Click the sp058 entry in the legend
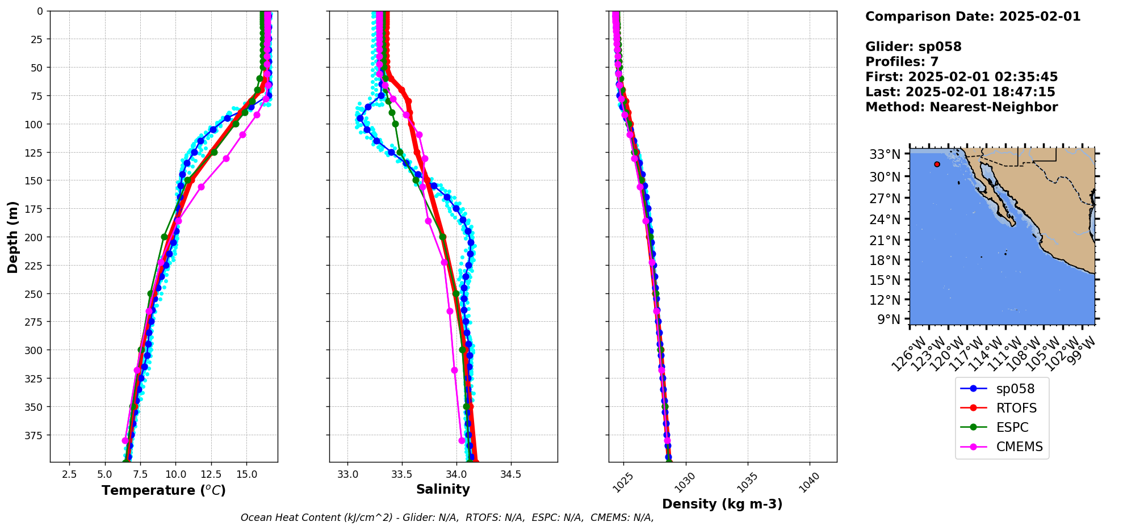tap(1015, 389)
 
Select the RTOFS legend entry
tap(1016, 408)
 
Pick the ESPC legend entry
tap(1012, 427)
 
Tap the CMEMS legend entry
tap(1019, 447)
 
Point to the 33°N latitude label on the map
tap(885, 154)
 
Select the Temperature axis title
tap(164, 490)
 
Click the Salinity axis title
tap(443, 489)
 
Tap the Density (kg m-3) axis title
tap(722, 504)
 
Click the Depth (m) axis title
tap(12, 237)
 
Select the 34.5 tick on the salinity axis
tap(510, 474)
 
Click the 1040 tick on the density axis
tap(810, 481)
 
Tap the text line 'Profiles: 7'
tap(902, 62)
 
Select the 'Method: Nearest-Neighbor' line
tap(961, 107)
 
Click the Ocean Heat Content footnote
tap(447, 518)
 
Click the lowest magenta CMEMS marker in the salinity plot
tap(462, 440)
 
